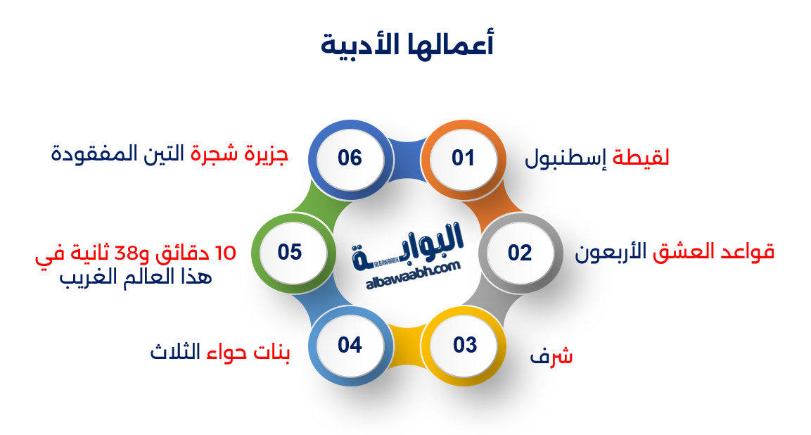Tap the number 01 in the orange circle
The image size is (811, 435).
click(x=463, y=158)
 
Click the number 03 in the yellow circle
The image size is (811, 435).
click(x=465, y=346)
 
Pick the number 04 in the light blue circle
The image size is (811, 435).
click(x=350, y=346)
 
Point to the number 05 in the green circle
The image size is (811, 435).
click(x=290, y=252)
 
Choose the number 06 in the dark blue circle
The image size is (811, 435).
click(x=350, y=158)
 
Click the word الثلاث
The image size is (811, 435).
click(x=174, y=351)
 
